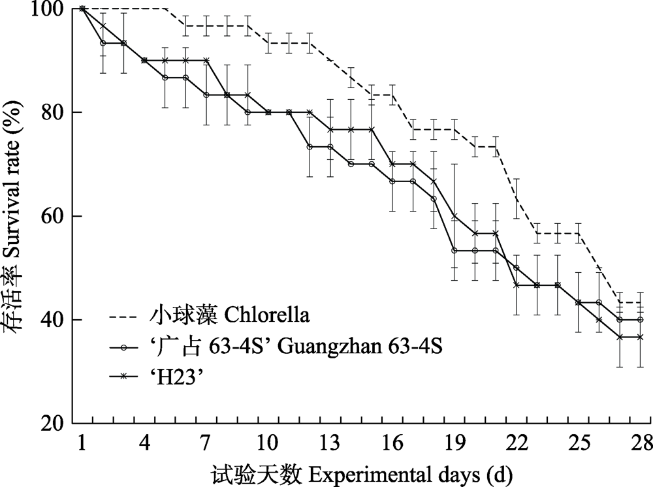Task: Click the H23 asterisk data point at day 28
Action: coord(640,337)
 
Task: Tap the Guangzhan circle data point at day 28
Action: coord(640,320)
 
